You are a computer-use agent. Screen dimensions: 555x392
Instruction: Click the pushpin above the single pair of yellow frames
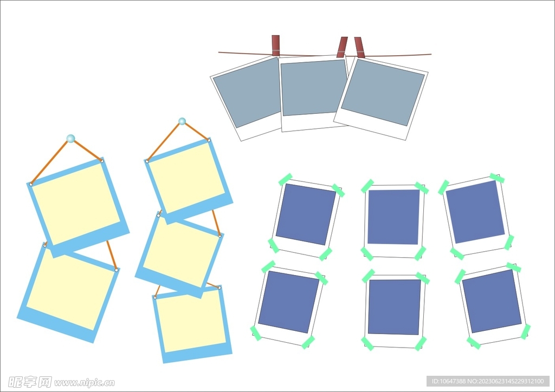tap(70, 138)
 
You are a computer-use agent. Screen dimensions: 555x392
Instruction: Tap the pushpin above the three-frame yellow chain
tap(182, 121)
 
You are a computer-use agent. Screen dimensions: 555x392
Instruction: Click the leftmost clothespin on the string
tap(276, 45)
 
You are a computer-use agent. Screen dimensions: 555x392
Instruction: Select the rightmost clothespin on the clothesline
tap(359, 47)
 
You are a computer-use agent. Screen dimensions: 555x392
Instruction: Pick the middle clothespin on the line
tap(342, 47)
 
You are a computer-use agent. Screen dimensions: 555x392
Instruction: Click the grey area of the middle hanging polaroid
tap(314, 88)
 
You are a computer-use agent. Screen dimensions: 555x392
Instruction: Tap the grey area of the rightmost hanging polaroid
tap(383, 92)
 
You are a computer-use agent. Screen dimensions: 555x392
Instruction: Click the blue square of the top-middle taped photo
tap(393, 217)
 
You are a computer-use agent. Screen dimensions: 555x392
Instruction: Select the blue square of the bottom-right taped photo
tap(492, 301)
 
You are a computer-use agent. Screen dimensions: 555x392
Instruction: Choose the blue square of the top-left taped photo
tap(306, 214)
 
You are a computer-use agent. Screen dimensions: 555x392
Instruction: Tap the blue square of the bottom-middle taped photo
tap(395, 307)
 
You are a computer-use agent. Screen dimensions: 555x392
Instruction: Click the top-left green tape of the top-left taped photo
tap(285, 179)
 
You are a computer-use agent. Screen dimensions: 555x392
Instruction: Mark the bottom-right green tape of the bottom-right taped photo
tap(526, 331)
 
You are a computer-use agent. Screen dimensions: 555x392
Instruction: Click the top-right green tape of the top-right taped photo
tap(497, 178)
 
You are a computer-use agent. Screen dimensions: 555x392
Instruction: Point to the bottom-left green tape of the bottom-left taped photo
tap(256, 334)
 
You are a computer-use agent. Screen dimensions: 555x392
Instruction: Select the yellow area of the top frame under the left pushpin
tap(76, 204)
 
